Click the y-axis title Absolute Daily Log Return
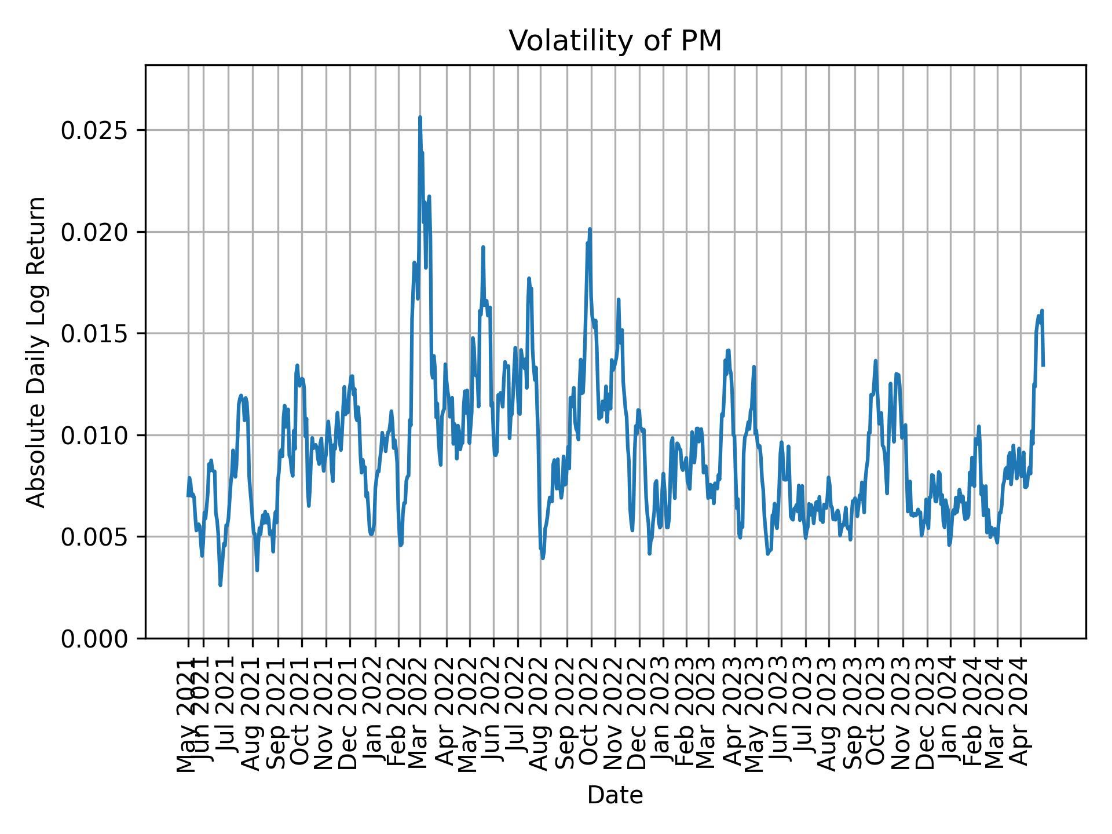point(37,352)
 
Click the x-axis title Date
point(615,796)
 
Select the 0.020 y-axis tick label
point(94,232)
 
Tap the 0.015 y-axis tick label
point(94,334)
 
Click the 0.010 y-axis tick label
point(94,435)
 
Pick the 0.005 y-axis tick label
point(94,537)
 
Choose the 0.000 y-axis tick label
point(94,638)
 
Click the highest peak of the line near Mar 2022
point(420,118)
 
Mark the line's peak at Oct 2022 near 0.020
point(590,229)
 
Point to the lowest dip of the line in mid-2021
point(220,585)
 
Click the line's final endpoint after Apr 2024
point(1043,365)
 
